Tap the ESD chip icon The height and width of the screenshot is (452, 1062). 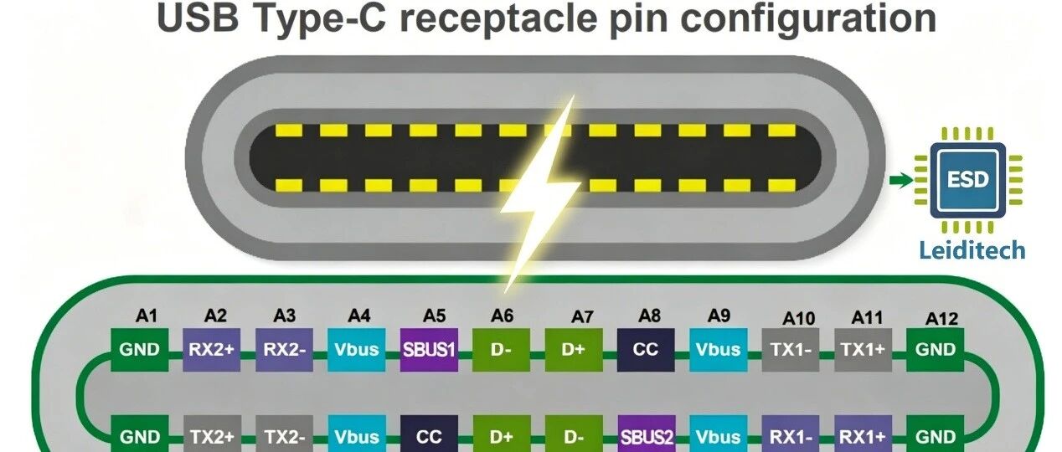[x=967, y=180]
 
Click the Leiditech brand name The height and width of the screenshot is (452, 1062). [x=972, y=250]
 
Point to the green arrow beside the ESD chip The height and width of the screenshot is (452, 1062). [x=901, y=180]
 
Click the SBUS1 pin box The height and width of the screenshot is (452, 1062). [x=429, y=350]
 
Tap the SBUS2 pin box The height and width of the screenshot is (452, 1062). [x=647, y=435]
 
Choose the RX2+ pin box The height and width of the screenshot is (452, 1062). [x=211, y=350]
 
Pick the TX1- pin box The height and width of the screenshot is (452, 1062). [x=791, y=350]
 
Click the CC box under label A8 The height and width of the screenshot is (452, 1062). [x=646, y=350]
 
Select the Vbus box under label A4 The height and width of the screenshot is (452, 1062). [x=357, y=350]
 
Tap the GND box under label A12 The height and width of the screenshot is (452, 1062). [x=935, y=350]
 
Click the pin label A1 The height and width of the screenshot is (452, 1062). [x=147, y=316]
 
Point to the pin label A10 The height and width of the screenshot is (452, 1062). [x=799, y=319]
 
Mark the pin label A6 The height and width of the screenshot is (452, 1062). [x=502, y=316]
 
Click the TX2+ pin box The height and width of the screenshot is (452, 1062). [x=212, y=435]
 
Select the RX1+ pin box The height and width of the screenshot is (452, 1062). [x=863, y=435]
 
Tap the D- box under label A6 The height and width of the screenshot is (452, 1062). [x=501, y=350]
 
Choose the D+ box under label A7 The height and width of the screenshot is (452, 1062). [x=574, y=350]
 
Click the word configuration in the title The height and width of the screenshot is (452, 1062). [x=808, y=19]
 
